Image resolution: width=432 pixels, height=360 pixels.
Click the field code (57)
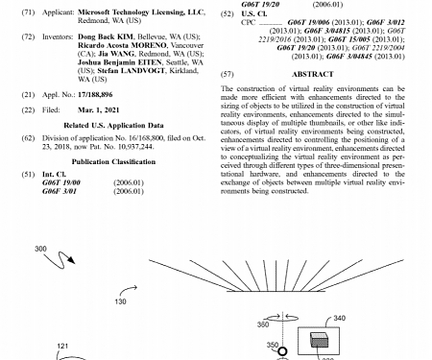point(228,74)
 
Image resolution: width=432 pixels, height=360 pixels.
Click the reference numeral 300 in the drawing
point(40,250)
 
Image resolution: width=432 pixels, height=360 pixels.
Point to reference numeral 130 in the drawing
point(120,300)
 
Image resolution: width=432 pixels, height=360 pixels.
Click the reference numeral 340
point(339,318)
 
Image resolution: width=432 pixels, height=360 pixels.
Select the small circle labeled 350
point(283,352)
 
